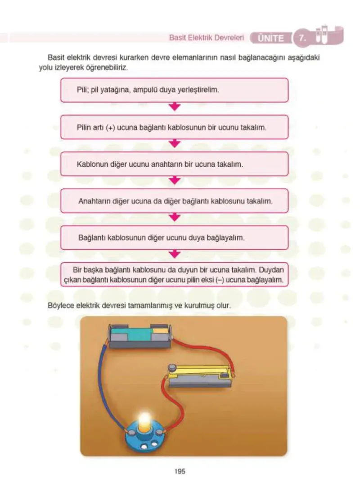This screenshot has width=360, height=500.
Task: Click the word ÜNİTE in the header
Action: [x=270, y=38]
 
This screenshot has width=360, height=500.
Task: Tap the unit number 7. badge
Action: [x=301, y=38]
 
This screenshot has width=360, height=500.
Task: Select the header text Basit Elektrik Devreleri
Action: [x=206, y=38]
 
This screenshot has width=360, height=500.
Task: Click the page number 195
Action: [x=180, y=471]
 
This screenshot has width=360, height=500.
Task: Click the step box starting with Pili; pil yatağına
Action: [x=174, y=90]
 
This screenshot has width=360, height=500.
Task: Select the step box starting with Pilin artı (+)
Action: [x=174, y=127]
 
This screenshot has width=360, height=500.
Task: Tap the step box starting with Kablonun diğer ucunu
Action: [x=174, y=164]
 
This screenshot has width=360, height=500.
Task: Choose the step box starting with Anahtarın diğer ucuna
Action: [x=174, y=201]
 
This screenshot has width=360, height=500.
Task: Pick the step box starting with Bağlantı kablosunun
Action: [x=174, y=238]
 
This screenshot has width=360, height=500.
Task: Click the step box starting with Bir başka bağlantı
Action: [x=174, y=275]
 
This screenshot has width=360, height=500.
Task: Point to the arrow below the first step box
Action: [x=174, y=107]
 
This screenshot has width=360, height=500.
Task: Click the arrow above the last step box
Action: [x=174, y=254]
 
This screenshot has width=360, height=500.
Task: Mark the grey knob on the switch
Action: [x=172, y=367]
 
